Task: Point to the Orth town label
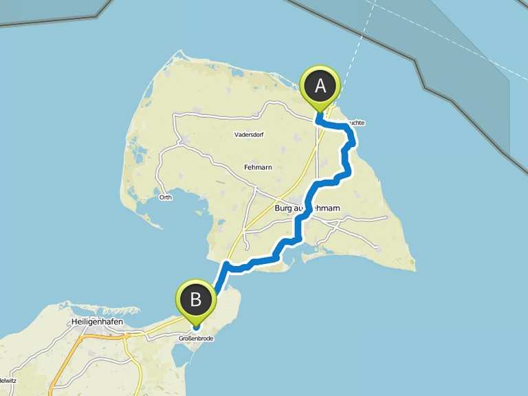point(165,197)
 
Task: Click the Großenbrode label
point(196,338)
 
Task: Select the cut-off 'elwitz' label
point(8,380)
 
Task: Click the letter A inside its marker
point(320,85)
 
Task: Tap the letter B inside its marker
point(196,299)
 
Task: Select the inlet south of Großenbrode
point(187,357)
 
